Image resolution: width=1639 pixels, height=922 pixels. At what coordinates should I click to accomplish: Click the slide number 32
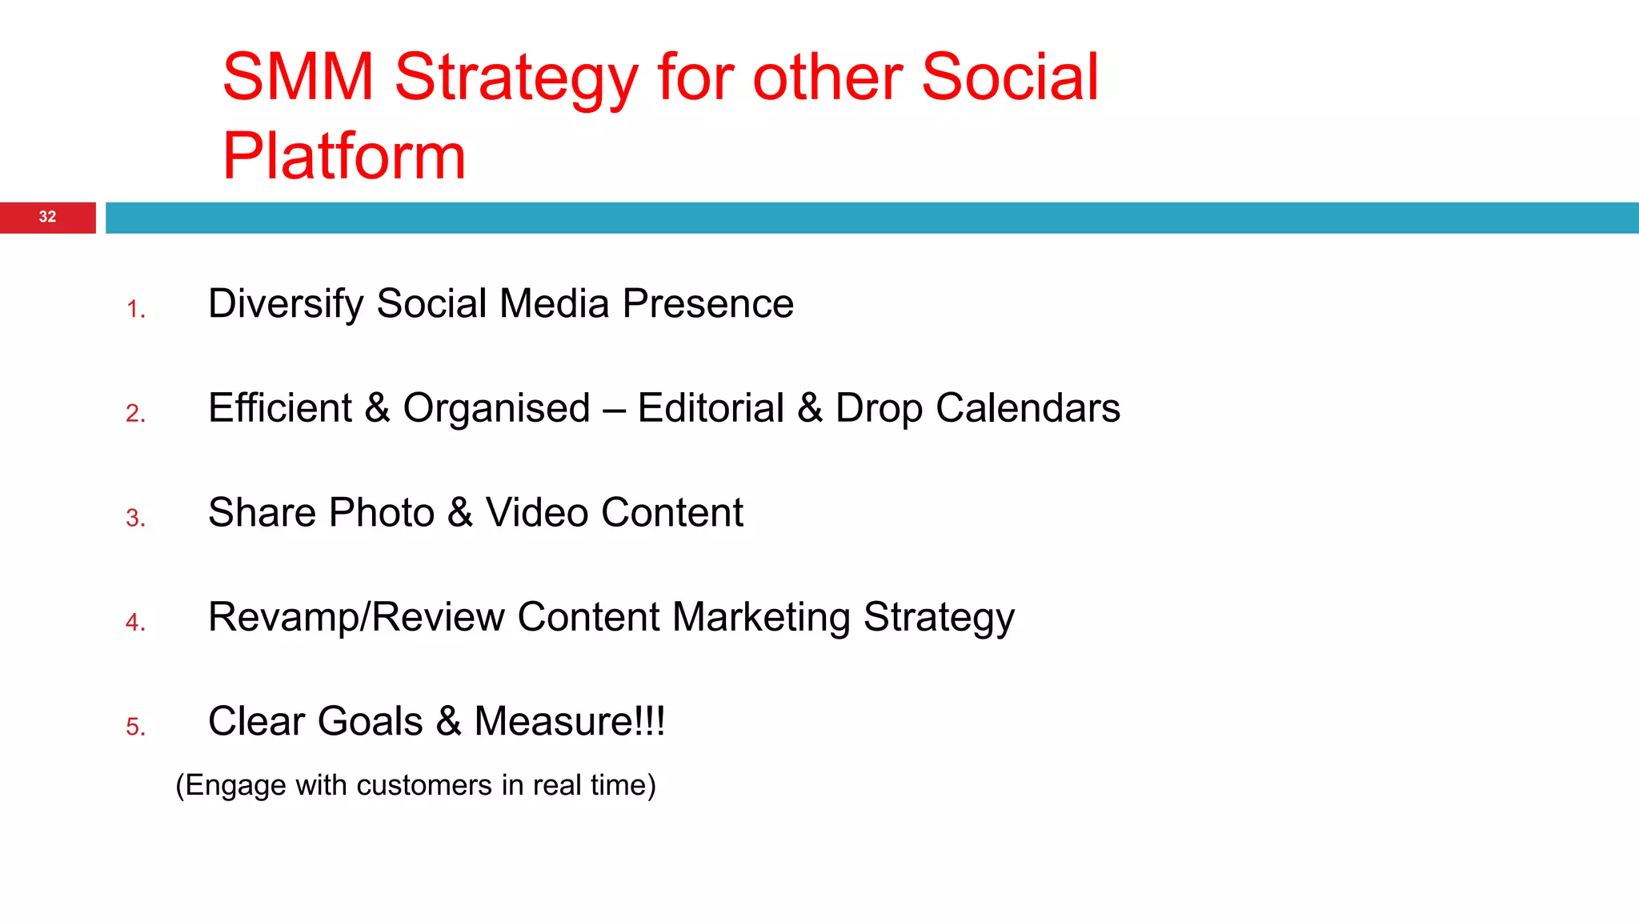pyautogui.click(x=47, y=217)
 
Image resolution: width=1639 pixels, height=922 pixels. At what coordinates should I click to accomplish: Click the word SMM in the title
pyautogui.click(x=298, y=78)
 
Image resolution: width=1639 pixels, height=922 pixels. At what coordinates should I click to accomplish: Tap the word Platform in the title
pyautogui.click(x=344, y=156)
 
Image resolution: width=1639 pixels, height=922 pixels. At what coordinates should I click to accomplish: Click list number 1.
pyautogui.click(x=135, y=310)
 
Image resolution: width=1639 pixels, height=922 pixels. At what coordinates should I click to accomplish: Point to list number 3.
pyautogui.click(x=135, y=519)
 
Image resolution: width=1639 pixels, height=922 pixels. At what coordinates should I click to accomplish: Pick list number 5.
pyautogui.click(x=135, y=727)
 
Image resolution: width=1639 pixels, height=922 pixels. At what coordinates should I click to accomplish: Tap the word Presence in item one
pyautogui.click(x=707, y=304)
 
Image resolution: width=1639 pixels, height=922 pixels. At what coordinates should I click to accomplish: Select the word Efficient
pyautogui.click(x=280, y=408)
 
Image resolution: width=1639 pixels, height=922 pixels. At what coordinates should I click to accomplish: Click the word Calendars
pyautogui.click(x=1028, y=408)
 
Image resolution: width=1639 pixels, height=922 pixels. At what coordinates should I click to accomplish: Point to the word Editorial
pyautogui.click(x=711, y=408)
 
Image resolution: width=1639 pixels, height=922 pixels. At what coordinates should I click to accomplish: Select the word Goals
pyautogui.click(x=370, y=722)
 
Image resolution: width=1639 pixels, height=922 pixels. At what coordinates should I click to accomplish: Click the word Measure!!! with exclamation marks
pyautogui.click(x=569, y=722)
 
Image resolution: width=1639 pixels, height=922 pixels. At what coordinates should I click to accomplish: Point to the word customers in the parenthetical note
pyautogui.click(x=424, y=786)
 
